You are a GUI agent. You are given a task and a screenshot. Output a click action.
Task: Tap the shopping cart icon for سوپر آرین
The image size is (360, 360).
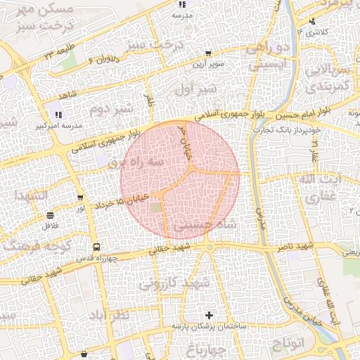click(208, 53)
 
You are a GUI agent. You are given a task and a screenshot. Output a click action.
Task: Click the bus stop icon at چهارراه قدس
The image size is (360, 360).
click(96, 247)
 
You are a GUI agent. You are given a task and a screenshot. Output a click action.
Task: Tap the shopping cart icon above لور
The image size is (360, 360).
click(81, 198)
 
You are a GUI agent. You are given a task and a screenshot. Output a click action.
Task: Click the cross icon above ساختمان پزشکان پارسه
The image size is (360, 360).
click(208, 315)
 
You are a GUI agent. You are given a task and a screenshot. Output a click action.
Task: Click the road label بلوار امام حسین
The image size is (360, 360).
click(309, 114)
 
